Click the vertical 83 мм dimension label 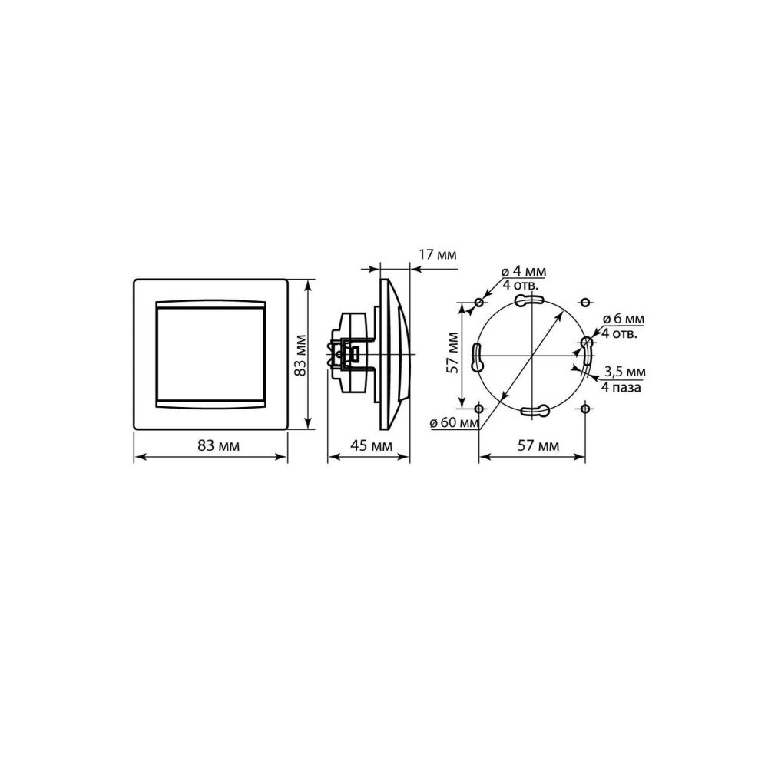pos(301,355)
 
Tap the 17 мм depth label pos(438,255)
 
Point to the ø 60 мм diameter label pos(455,422)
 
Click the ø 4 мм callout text pos(524,271)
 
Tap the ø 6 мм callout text pos(623,319)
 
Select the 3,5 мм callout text pos(625,372)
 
